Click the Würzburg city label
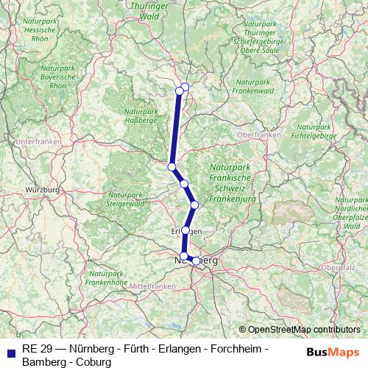41,190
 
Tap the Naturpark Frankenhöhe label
107,278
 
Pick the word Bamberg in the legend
43,362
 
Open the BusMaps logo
332,352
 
